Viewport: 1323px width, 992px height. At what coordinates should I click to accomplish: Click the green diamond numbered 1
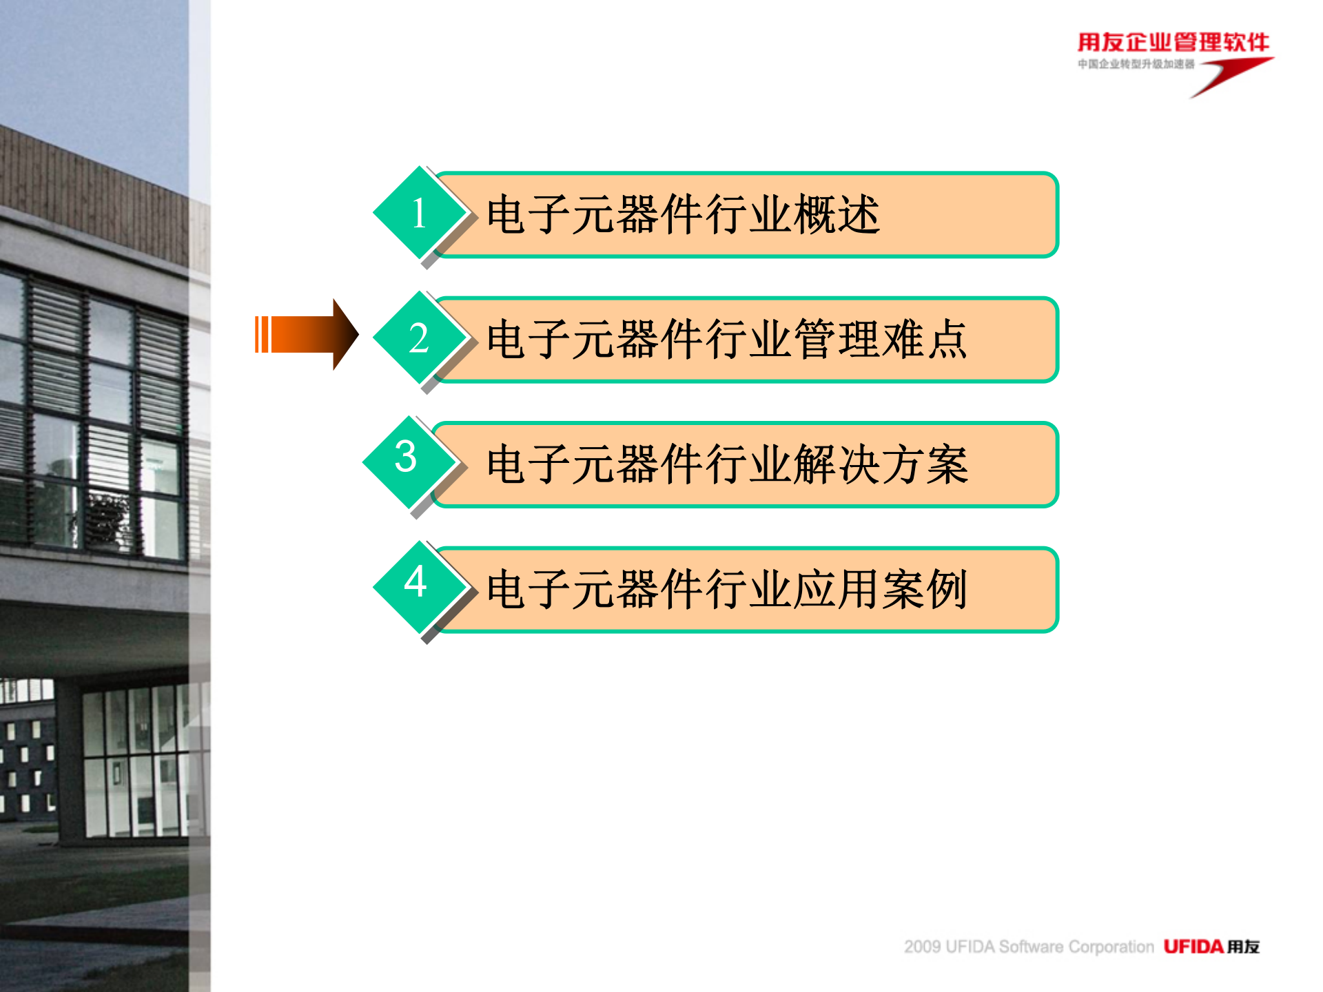pyautogui.click(x=419, y=213)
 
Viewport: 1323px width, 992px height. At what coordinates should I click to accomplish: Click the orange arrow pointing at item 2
pyautogui.click(x=307, y=335)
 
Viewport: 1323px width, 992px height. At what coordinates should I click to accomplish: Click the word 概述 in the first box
pyautogui.click(x=837, y=215)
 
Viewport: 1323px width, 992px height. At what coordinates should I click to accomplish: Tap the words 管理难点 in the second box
pyautogui.click(x=881, y=340)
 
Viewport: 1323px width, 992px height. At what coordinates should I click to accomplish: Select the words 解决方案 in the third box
pyautogui.click(x=881, y=465)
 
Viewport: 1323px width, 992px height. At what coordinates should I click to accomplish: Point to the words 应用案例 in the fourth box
pyautogui.click(x=881, y=590)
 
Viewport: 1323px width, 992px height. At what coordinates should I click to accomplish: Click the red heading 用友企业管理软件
pyautogui.click(x=1173, y=43)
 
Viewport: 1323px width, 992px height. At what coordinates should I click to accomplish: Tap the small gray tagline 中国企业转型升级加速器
pyautogui.click(x=1136, y=64)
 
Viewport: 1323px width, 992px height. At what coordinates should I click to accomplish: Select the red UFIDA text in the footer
pyautogui.click(x=1193, y=947)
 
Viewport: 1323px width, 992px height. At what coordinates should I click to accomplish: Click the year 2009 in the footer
pyautogui.click(x=922, y=947)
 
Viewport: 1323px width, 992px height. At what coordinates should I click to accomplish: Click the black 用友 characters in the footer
pyautogui.click(x=1243, y=947)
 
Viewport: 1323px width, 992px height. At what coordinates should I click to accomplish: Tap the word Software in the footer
pyautogui.click(x=1031, y=947)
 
